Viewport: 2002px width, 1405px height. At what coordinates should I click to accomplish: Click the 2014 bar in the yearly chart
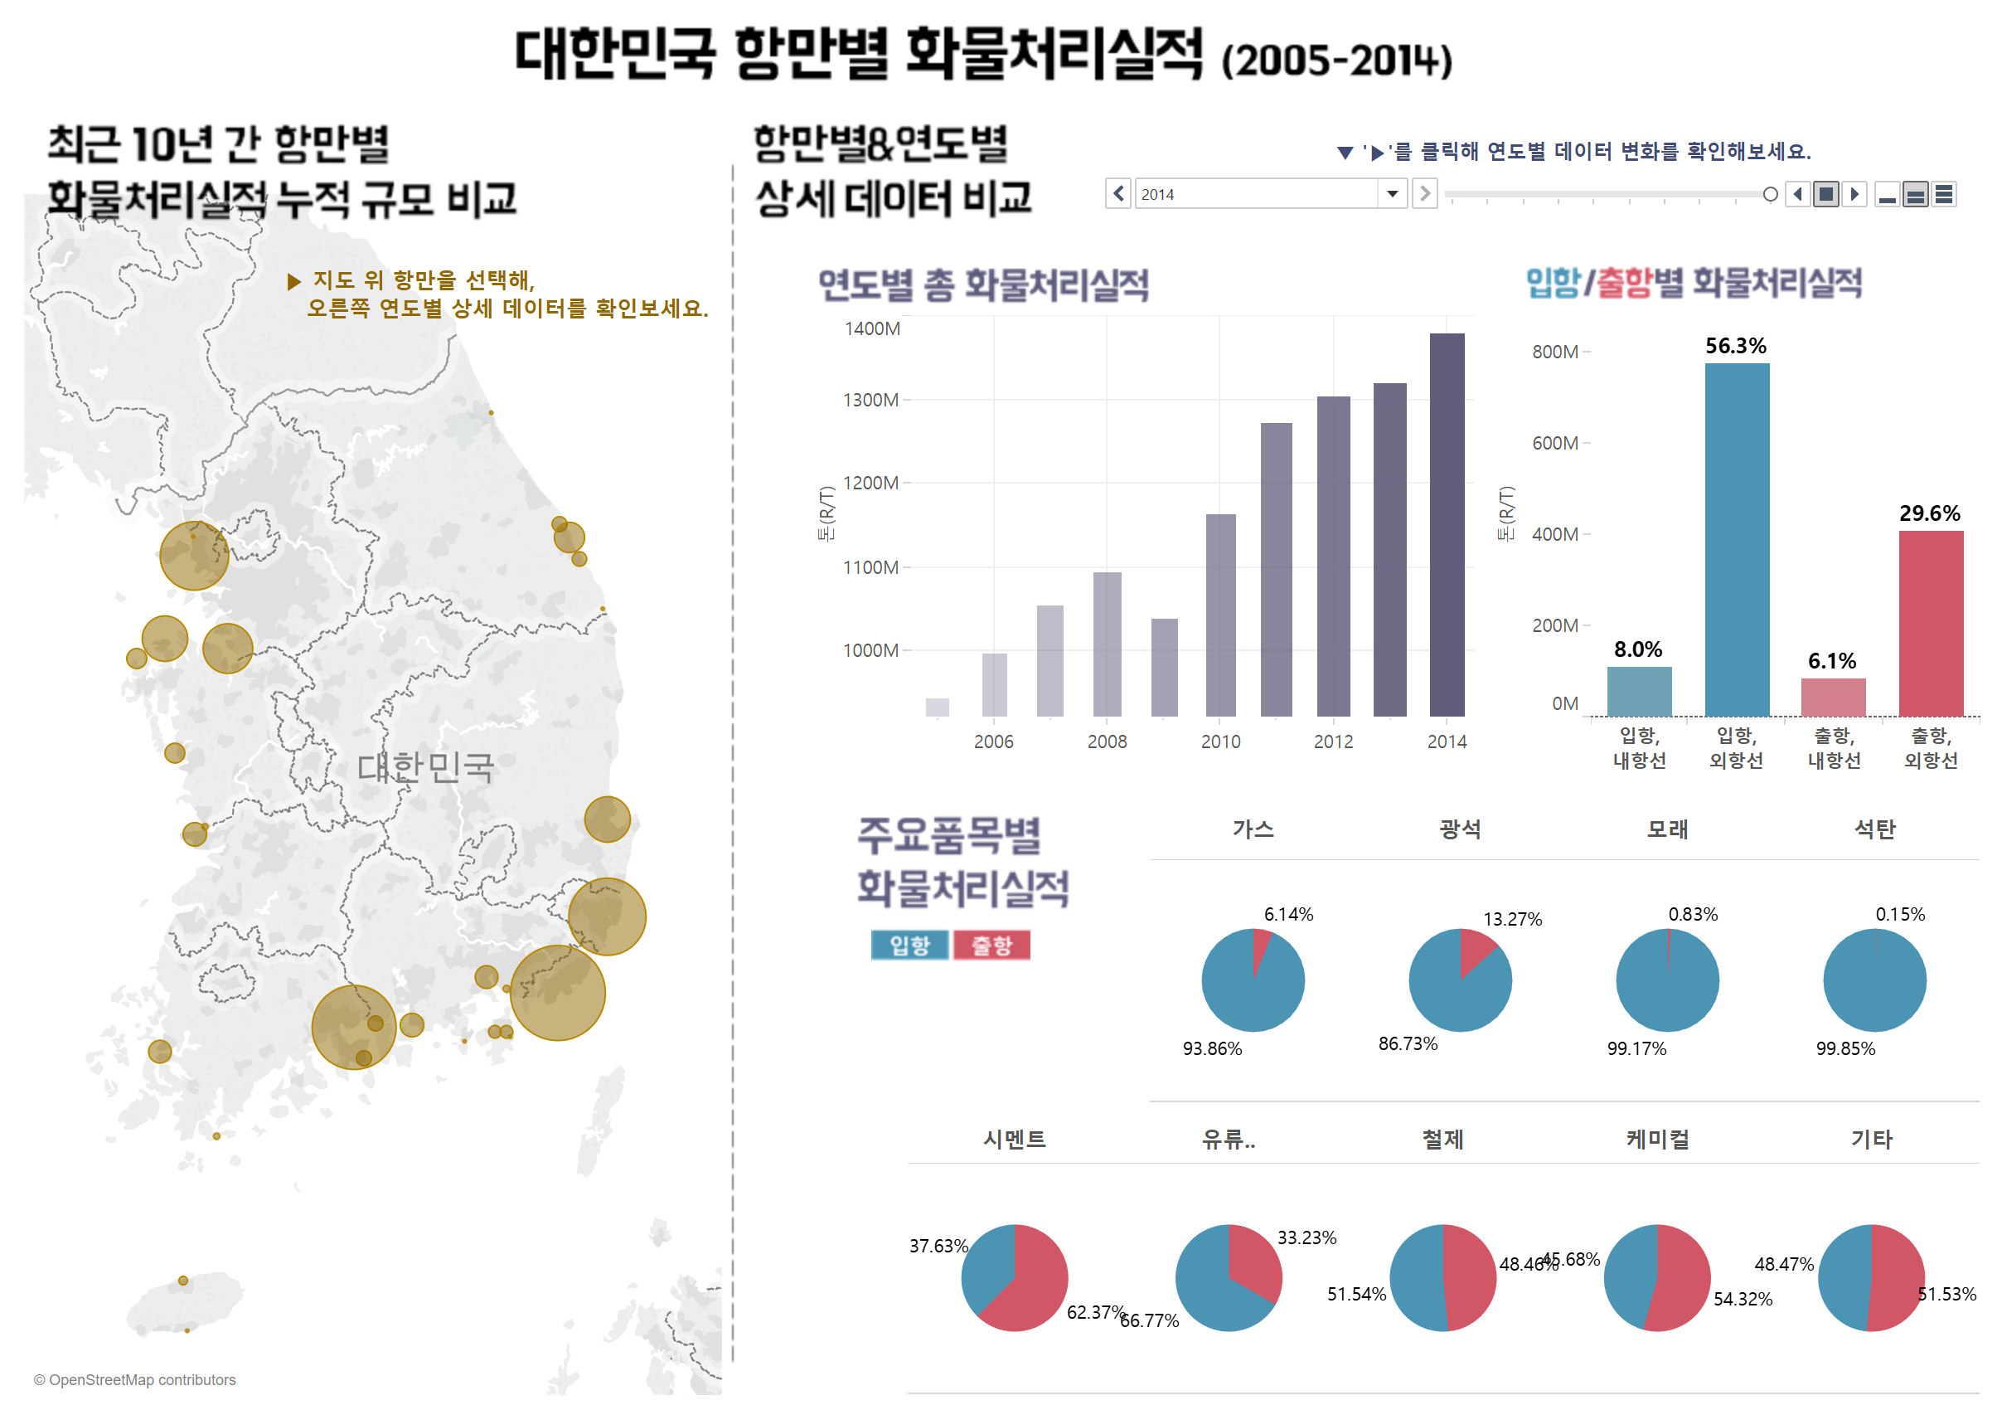1447,523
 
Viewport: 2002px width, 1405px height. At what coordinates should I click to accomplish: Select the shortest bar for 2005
938,707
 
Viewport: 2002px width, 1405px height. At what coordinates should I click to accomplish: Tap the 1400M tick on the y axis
872,328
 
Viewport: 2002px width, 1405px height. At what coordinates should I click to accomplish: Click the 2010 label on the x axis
1220,741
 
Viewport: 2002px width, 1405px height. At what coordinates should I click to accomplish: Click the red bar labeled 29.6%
1931,623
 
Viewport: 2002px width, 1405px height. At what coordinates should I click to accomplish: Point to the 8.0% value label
1637,649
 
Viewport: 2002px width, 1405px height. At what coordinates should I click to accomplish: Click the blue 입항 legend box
909,945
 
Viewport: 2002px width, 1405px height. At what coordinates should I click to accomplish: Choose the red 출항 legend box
991,945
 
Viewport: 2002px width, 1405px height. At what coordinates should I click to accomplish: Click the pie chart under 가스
1252,980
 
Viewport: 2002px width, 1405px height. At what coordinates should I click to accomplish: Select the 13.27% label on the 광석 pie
1512,919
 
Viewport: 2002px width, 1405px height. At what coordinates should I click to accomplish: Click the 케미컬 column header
1656,1139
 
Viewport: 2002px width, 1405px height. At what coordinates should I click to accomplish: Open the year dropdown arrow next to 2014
1392,193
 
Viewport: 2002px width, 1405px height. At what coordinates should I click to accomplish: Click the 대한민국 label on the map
425,766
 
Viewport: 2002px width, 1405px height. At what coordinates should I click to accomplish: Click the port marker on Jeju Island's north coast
183,1281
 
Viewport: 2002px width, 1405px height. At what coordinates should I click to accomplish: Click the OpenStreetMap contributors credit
135,1380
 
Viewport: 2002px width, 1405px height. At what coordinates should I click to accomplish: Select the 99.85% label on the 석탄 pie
1845,1048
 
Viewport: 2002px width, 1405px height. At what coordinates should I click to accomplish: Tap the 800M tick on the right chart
1554,352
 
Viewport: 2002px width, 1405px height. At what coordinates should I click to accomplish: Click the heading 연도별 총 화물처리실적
982,285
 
